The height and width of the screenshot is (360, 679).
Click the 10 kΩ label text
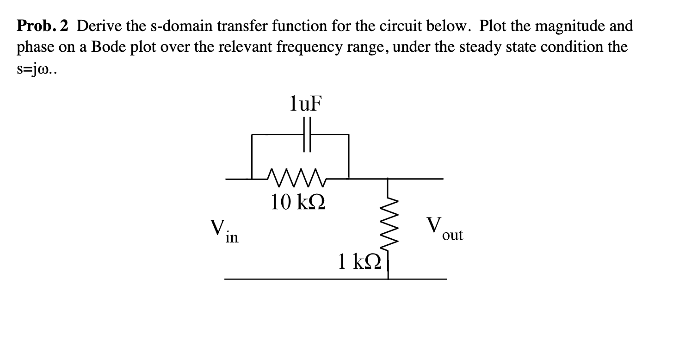tap(298, 202)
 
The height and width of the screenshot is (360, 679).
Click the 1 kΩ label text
tap(359, 262)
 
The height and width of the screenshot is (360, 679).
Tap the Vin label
tap(224, 230)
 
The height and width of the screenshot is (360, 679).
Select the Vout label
tap(444, 229)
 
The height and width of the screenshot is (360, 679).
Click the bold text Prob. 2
tap(43, 26)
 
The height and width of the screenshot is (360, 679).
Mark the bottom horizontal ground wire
tap(335, 279)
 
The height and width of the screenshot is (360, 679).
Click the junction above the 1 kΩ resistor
tap(388, 178)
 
